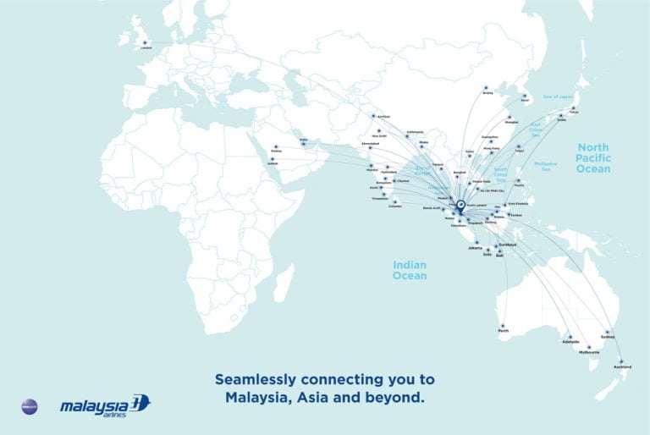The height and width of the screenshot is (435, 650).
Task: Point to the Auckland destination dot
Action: pos(624,360)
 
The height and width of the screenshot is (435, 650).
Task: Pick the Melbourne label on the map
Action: pos(590,351)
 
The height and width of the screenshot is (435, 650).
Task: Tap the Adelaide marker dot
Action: pos(570,336)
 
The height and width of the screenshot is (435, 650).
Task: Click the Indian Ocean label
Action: pos(410,270)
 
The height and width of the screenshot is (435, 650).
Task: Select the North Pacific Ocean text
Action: pos(593,158)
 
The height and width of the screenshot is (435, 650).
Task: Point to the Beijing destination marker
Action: pos(487,88)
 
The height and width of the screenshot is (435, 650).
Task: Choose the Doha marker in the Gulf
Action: pos(303,143)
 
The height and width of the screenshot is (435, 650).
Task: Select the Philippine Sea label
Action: pos(547,166)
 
